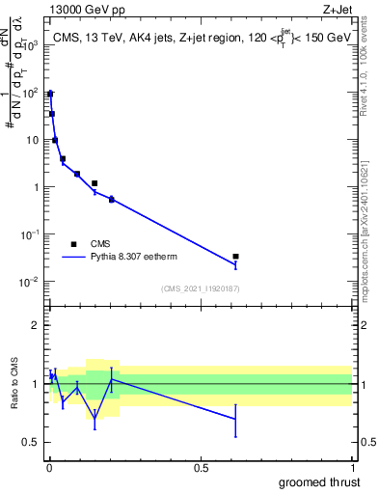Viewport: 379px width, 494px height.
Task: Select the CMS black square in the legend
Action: (73, 244)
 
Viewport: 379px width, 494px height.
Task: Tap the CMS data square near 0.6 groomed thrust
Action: (236, 257)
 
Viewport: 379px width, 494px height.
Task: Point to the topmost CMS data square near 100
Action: (50, 94)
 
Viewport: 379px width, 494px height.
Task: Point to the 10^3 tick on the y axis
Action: (30, 45)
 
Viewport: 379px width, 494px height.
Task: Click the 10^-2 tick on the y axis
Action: (30, 282)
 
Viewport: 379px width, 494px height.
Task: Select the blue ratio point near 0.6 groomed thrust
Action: (236, 418)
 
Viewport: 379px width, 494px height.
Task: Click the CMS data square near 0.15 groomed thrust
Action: (95, 183)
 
